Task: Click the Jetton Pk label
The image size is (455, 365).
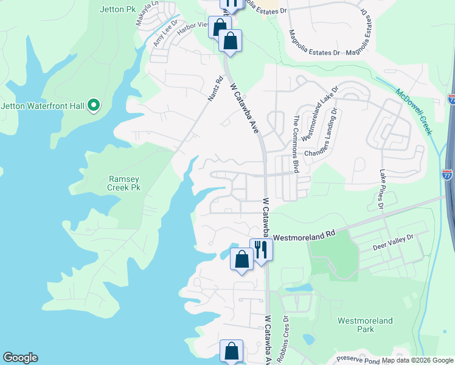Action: (x=117, y=9)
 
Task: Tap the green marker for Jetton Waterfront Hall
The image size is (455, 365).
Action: (x=93, y=106)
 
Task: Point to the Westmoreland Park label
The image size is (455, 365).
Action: (x=365, y=325)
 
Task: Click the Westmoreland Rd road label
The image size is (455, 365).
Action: (x=305, y=234)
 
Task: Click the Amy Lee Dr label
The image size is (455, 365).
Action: (x=165, y=34)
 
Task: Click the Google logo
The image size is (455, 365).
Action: (x=20, y=358)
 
